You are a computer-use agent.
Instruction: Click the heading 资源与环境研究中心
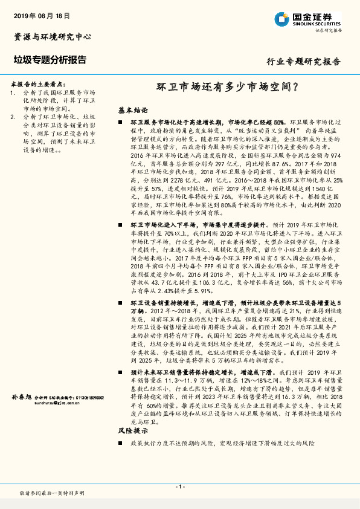[x=53, y=37]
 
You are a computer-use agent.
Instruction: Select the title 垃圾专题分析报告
[x=50, y=60]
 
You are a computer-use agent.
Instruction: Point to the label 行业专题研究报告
[x=304, y=62]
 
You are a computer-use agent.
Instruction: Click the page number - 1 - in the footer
[x=179, y=487]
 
